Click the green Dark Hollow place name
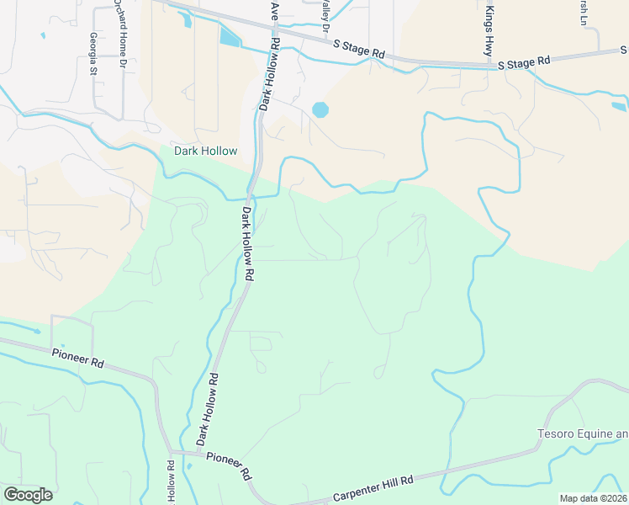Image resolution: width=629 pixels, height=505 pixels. (x=205, y=151)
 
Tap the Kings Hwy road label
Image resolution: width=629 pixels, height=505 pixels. (x=489, y=32)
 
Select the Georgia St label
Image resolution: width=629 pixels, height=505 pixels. (x=93, y=52)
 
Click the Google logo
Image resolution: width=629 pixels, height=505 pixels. (x=28, y=495)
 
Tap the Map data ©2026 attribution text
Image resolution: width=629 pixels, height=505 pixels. (x=592, y=498)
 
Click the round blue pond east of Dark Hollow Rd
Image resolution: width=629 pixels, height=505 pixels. (x=320, y=109)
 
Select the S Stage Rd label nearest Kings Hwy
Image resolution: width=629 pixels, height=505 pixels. (x=523, y=61)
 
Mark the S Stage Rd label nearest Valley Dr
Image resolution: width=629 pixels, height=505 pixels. (x=359, y=50)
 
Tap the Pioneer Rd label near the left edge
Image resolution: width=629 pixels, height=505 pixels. (x=77, y=359)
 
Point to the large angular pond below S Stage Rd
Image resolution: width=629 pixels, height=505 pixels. (x=229, y=36)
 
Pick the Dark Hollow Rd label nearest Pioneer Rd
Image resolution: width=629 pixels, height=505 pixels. (x=208, y=410)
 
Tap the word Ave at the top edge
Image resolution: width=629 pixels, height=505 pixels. (x=274, y=10)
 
